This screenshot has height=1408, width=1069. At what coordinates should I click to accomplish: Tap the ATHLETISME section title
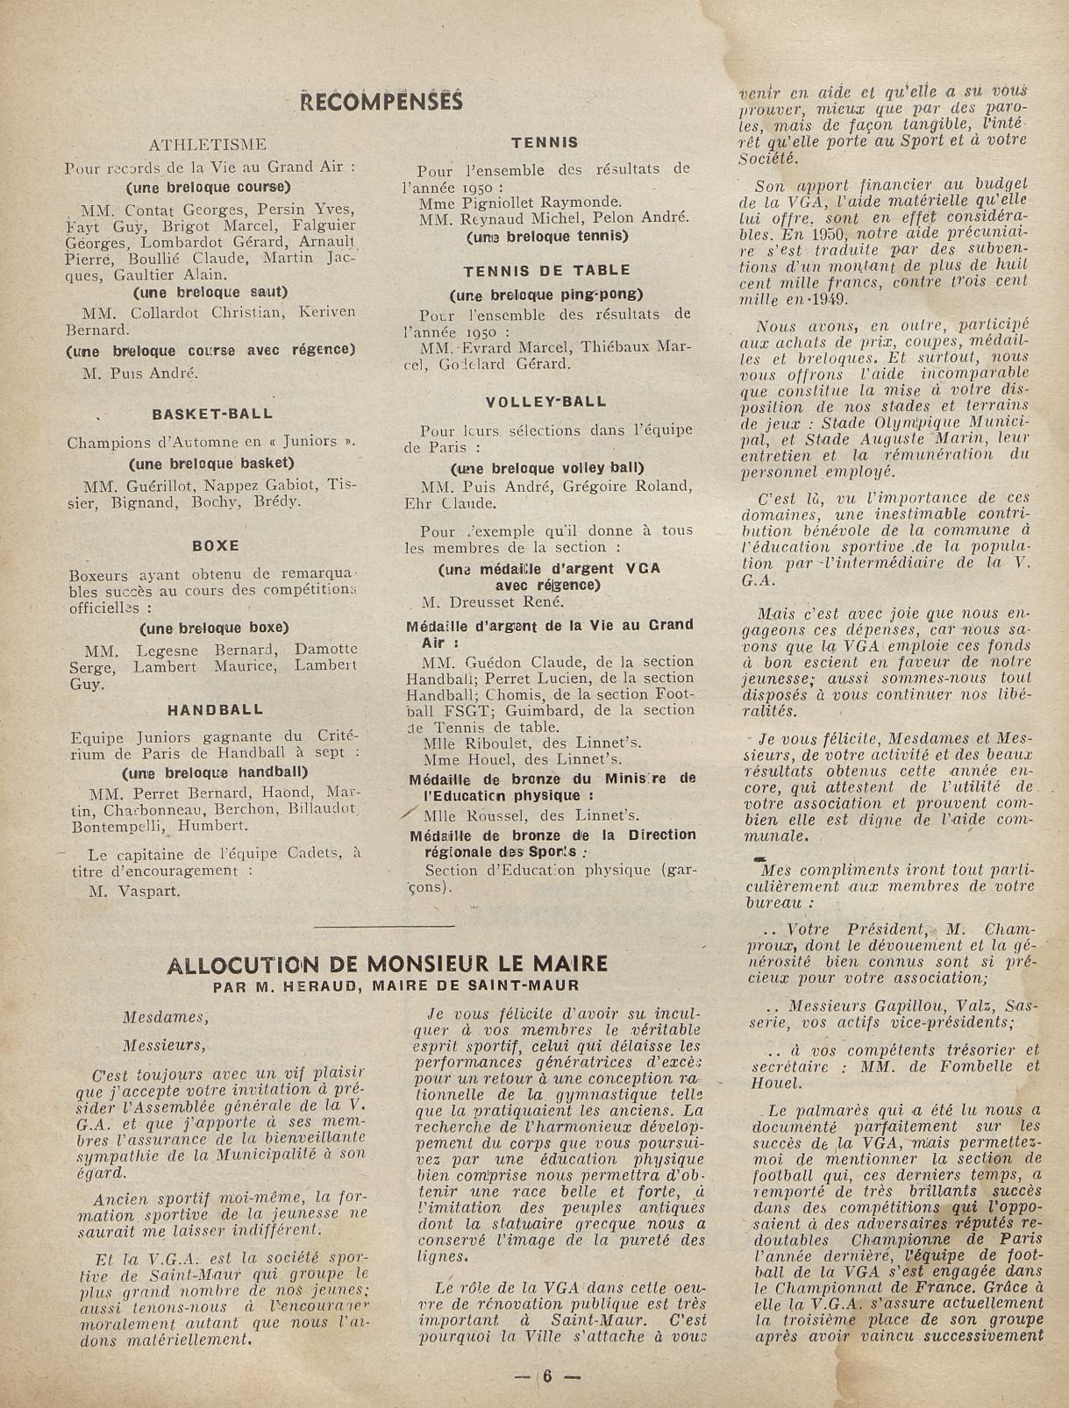208,144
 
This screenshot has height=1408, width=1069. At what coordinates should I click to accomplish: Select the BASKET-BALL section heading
212,413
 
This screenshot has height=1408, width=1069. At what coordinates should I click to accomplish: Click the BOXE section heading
215,545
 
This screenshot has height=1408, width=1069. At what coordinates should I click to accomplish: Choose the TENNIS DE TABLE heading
546,270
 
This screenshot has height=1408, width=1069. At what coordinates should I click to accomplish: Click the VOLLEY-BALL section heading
546,402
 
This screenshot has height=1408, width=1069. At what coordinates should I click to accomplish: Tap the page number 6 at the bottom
545,1375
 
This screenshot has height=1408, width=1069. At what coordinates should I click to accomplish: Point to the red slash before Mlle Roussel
408,813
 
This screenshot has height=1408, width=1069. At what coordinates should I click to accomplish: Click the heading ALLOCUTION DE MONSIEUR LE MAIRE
387,964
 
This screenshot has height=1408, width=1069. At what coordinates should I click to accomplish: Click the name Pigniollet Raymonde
535,202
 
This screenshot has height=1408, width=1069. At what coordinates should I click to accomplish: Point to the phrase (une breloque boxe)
213,628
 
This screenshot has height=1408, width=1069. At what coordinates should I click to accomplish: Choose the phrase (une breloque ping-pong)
546,294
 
